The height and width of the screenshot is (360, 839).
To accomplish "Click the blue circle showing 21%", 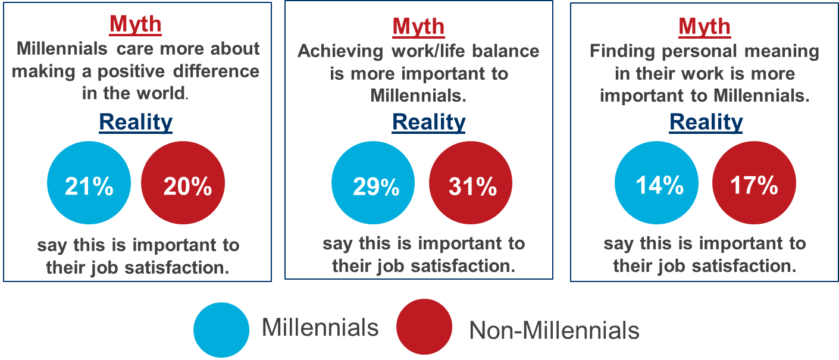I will pos(89,186).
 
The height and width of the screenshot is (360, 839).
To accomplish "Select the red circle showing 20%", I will pos(183,186).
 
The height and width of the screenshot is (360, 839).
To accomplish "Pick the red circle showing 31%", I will pos(471,186).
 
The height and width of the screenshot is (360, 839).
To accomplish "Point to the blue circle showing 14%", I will pos(657,186).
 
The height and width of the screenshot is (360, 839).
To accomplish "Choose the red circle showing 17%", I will pos(753,186).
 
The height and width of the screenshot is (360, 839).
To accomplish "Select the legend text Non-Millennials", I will pos(554,330).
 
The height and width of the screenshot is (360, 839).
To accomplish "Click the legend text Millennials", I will pos(320,327).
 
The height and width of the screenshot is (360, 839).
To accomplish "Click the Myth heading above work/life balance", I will pos(418,27).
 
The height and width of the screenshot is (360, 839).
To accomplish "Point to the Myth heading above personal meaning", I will pos(705,27).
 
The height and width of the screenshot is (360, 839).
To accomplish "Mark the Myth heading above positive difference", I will pos(136,24).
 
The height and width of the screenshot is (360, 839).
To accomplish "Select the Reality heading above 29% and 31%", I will pos(428,122).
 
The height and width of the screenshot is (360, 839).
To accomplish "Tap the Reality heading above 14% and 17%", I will pos(706,122).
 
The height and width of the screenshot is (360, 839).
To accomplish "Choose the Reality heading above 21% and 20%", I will pos(136,122).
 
